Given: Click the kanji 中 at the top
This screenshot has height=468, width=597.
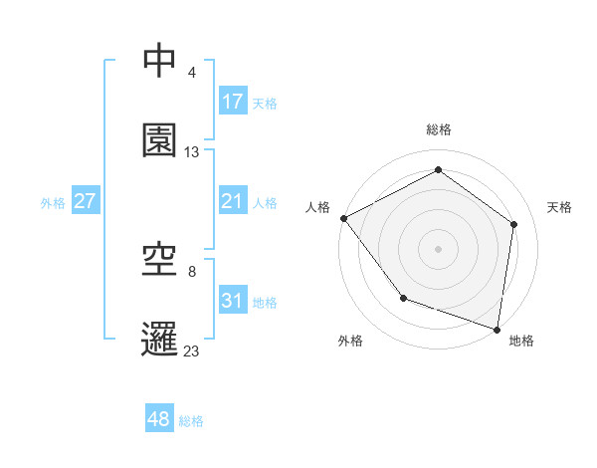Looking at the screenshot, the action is (160, 62).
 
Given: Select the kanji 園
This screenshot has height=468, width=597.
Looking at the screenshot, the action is (160, 141).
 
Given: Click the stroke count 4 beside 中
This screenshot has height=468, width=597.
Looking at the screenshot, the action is (191, 73).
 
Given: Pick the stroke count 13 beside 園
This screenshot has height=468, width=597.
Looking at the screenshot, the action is (192, 152).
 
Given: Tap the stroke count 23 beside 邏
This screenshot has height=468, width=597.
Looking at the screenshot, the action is (192, 351).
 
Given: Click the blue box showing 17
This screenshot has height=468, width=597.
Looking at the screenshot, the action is (233, 102).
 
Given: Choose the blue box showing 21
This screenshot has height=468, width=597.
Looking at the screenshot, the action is (233, 201).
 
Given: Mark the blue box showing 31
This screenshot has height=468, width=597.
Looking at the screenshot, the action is (233, 301).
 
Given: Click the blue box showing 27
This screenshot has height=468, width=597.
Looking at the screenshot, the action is (86, 201).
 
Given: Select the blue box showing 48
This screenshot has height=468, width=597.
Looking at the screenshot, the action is (159, 419).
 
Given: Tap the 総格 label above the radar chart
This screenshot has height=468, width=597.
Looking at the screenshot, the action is (439, 129).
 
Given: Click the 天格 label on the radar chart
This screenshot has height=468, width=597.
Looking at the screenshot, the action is (560, 207).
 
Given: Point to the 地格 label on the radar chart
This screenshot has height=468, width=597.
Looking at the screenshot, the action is (521, 341).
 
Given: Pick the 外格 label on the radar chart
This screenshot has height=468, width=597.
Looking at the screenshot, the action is (350, 341).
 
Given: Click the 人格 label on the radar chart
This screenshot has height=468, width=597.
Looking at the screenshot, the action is (317, 207).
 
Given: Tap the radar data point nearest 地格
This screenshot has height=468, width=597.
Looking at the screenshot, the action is (497, 329).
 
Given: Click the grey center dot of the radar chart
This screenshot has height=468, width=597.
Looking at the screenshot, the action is (439, 248).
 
